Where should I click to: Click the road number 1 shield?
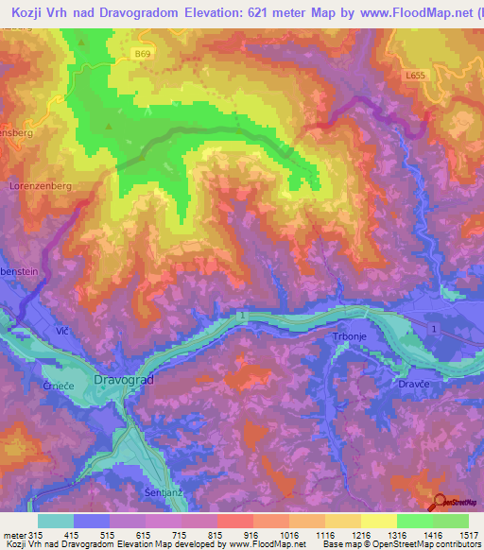click(434, 328)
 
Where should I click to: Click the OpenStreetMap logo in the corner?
click(453, 503)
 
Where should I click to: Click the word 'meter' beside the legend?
click(14, 535)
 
